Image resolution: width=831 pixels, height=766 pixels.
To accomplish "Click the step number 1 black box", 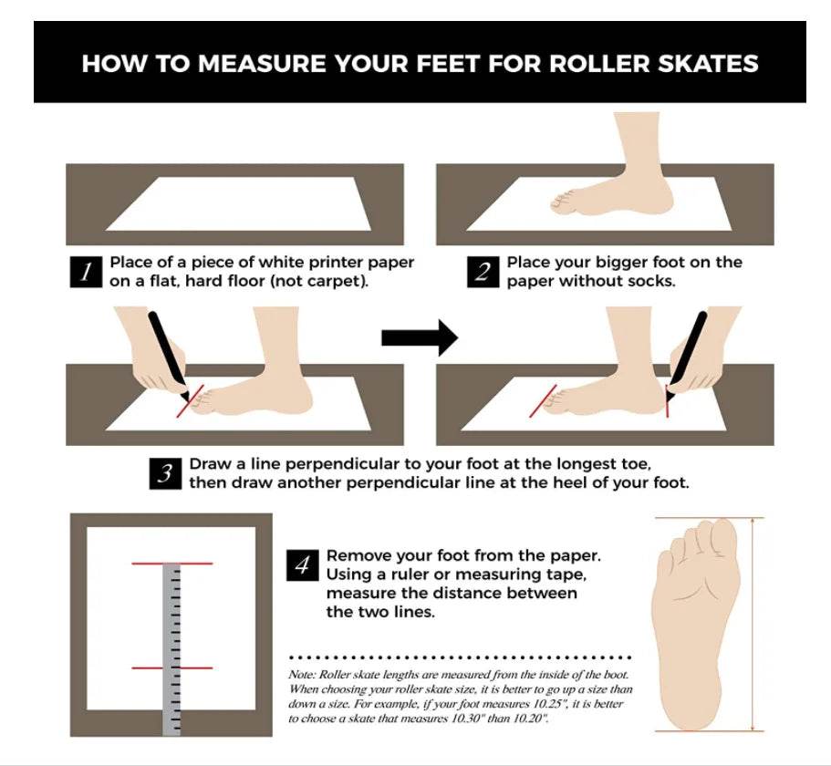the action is (86, 273).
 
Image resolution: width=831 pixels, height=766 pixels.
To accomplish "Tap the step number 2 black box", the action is (483, 273).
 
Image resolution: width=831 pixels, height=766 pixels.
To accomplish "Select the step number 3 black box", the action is (165, 473).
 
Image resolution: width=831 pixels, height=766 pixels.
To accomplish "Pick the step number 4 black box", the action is (303, 565).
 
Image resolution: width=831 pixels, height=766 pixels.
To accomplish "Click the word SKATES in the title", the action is (708, 63).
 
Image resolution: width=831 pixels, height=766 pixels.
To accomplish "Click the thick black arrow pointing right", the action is (420, 337).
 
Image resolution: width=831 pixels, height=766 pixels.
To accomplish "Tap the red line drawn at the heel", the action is (667, 401).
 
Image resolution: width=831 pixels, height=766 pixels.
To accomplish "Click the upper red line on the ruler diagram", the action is (172, 564).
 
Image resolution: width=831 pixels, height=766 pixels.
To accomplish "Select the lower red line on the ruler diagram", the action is (172, 668).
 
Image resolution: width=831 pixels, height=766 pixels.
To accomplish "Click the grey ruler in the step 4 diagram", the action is (171, 649).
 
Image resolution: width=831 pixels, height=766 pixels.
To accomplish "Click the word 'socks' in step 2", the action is (651, 281).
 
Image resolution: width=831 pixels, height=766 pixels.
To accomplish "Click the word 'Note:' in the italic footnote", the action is (303, 675).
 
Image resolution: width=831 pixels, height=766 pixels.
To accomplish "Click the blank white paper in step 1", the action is (238, 204).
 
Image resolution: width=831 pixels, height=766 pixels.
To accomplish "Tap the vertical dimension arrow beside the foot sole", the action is (753, 625).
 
